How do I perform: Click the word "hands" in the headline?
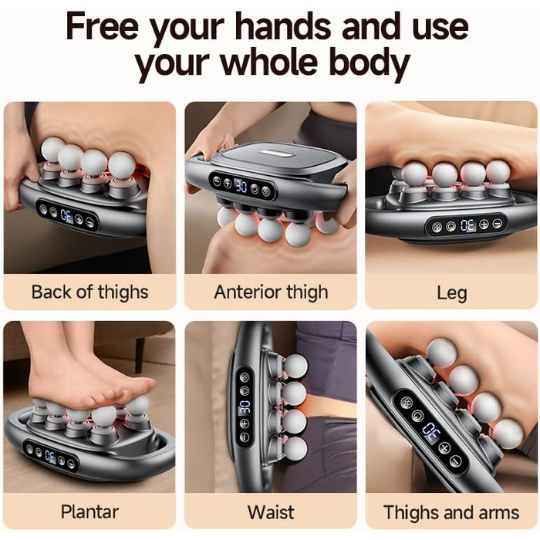pyautogui.click(x=284, y=26)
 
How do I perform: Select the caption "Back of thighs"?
pyautogui.click(x=90, y=292)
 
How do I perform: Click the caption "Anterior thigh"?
pyautogui.click(x=271, y=292)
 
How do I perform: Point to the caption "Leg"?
pyautogui.click(x=452, y=293)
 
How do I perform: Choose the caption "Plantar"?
pyautogui.click(x=90, y=511)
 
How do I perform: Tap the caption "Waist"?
pyautogui.click(x=271, y=511)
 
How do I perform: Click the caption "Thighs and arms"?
pyautogui.click(x=451, y=512)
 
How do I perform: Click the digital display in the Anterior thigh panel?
pyautogui.click(x=241, y=186)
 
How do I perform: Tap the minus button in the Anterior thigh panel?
pyautogui.click(x=217, y=181)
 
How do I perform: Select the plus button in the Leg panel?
pyautogui.click(x=484, y=224)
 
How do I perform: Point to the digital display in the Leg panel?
pyautogui.click(x=467, y=225)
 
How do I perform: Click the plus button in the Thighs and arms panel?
pyautogui.click(x=444, y=447)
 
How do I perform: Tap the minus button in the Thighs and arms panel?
pyautogui.click(x=456, y=461)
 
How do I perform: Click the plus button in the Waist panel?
pyautogui.click(x=245, y=424)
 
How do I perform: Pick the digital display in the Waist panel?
pyautogui.click(x=245, y=407)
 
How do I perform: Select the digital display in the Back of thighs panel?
pyautogui.click(x=67, y=216)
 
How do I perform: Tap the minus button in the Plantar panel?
pyautogui.click(x=71, y=464)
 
